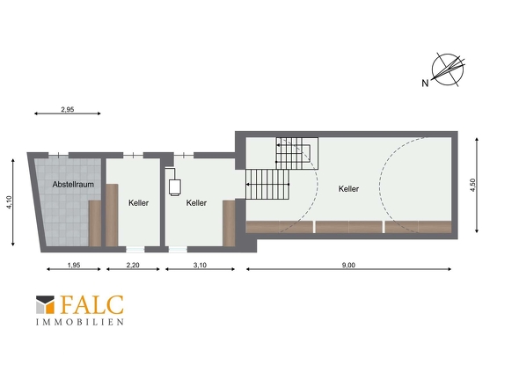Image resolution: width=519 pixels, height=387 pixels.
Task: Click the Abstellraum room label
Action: pos(73,185)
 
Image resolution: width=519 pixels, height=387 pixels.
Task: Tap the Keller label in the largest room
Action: pos(348,189)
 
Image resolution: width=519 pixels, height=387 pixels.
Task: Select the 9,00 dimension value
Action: pos(348,265)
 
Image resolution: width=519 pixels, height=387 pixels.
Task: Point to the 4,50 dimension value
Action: pos(472,185)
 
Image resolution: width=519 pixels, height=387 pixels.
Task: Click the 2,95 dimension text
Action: pos(68,109)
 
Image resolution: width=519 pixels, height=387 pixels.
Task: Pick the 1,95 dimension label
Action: pos(74,265)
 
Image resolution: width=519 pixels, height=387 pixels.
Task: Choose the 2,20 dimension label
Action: pos(133,265)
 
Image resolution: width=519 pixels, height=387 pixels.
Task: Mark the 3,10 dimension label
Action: pos(200,265)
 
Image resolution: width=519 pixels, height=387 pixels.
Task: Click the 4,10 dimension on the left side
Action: pos(9,202)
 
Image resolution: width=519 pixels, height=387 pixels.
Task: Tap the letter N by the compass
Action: pos(425,83)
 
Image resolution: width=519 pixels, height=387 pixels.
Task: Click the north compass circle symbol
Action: pos(448,69)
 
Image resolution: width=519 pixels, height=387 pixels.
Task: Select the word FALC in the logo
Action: pos(92,304)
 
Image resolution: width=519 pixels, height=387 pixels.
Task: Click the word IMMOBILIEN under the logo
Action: pos(80,322)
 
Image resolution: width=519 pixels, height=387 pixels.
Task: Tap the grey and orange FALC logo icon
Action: pos(45,304)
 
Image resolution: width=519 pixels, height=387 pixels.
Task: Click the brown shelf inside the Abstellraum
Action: pos(95,223)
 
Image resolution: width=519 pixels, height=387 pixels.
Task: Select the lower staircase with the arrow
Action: pos(267,185)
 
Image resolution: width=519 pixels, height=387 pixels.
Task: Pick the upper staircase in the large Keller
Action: pos(297,153)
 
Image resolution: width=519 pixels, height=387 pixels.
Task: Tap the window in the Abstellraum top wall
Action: pos(59,155)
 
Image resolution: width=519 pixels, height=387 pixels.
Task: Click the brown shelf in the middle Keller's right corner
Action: pos(229,223)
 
